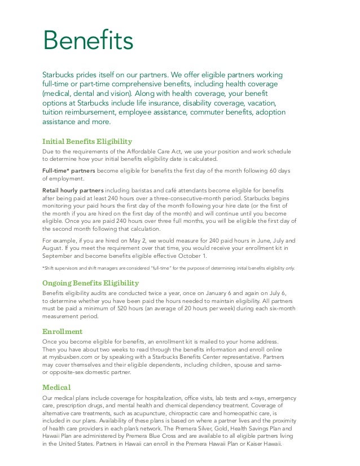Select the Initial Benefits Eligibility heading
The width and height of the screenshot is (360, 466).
tap(87, 141)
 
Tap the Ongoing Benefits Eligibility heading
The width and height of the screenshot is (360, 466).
tap(90, 283)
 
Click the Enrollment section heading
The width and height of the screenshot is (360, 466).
tap(62, 331)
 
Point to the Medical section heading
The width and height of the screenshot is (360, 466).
tap(56, 388)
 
